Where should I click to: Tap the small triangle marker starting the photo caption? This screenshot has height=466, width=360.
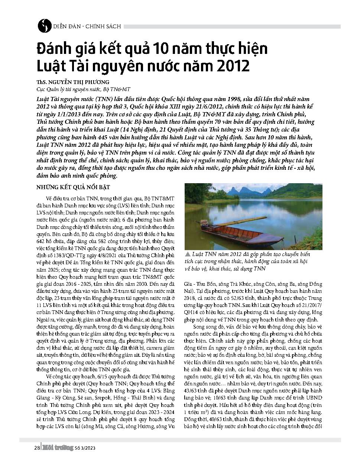click(x=187, y=255)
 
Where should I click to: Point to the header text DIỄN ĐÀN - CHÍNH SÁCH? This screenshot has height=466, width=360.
click(x=87, y=26)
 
